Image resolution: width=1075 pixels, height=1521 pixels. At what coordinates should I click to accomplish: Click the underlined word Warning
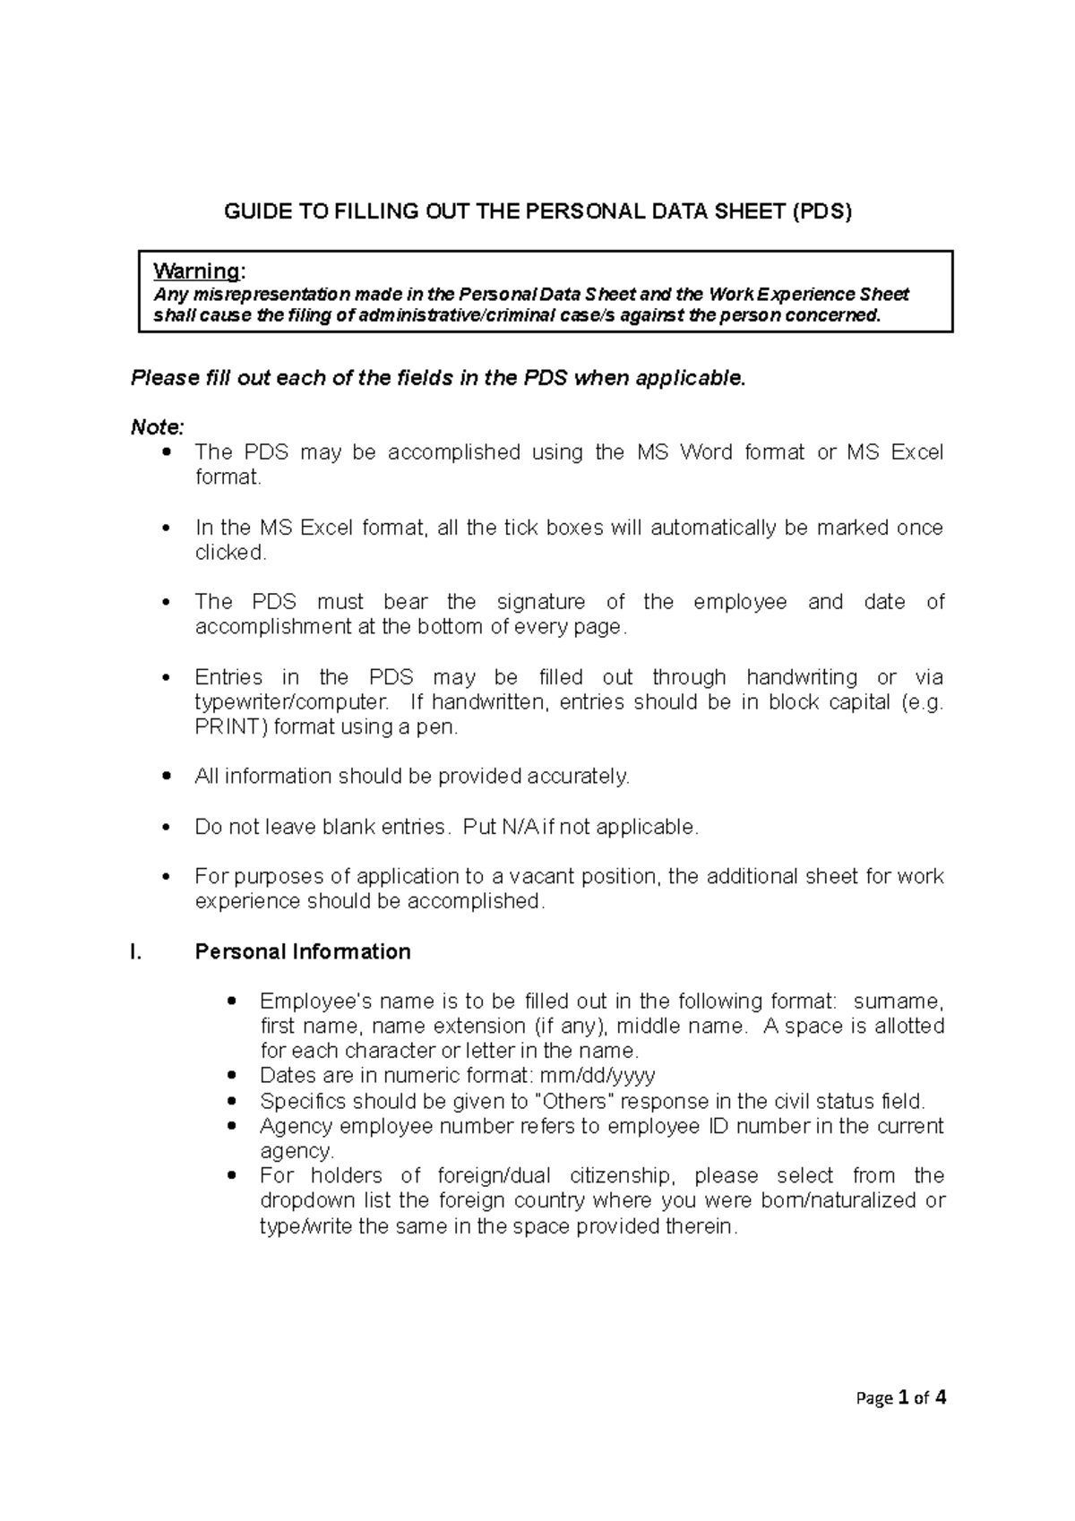pos(196,271)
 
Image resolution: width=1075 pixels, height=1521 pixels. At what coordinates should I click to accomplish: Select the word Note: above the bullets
pos(158,427)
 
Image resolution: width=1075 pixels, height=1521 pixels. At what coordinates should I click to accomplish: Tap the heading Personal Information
pos(303,951)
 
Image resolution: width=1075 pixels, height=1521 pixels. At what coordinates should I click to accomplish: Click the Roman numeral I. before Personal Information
pos(136,951)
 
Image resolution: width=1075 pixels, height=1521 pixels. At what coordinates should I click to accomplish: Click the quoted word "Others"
pos(574,1100)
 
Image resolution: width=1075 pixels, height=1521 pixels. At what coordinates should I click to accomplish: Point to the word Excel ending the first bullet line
pos(917,452)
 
